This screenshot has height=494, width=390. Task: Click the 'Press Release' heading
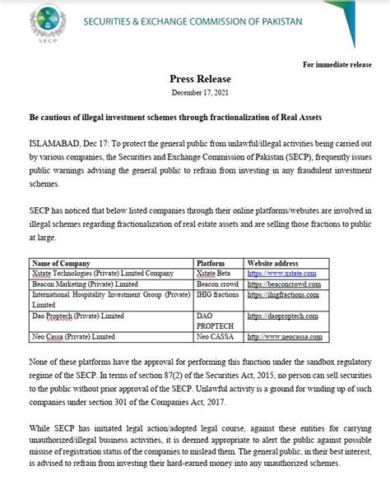[x=194, y=81]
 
